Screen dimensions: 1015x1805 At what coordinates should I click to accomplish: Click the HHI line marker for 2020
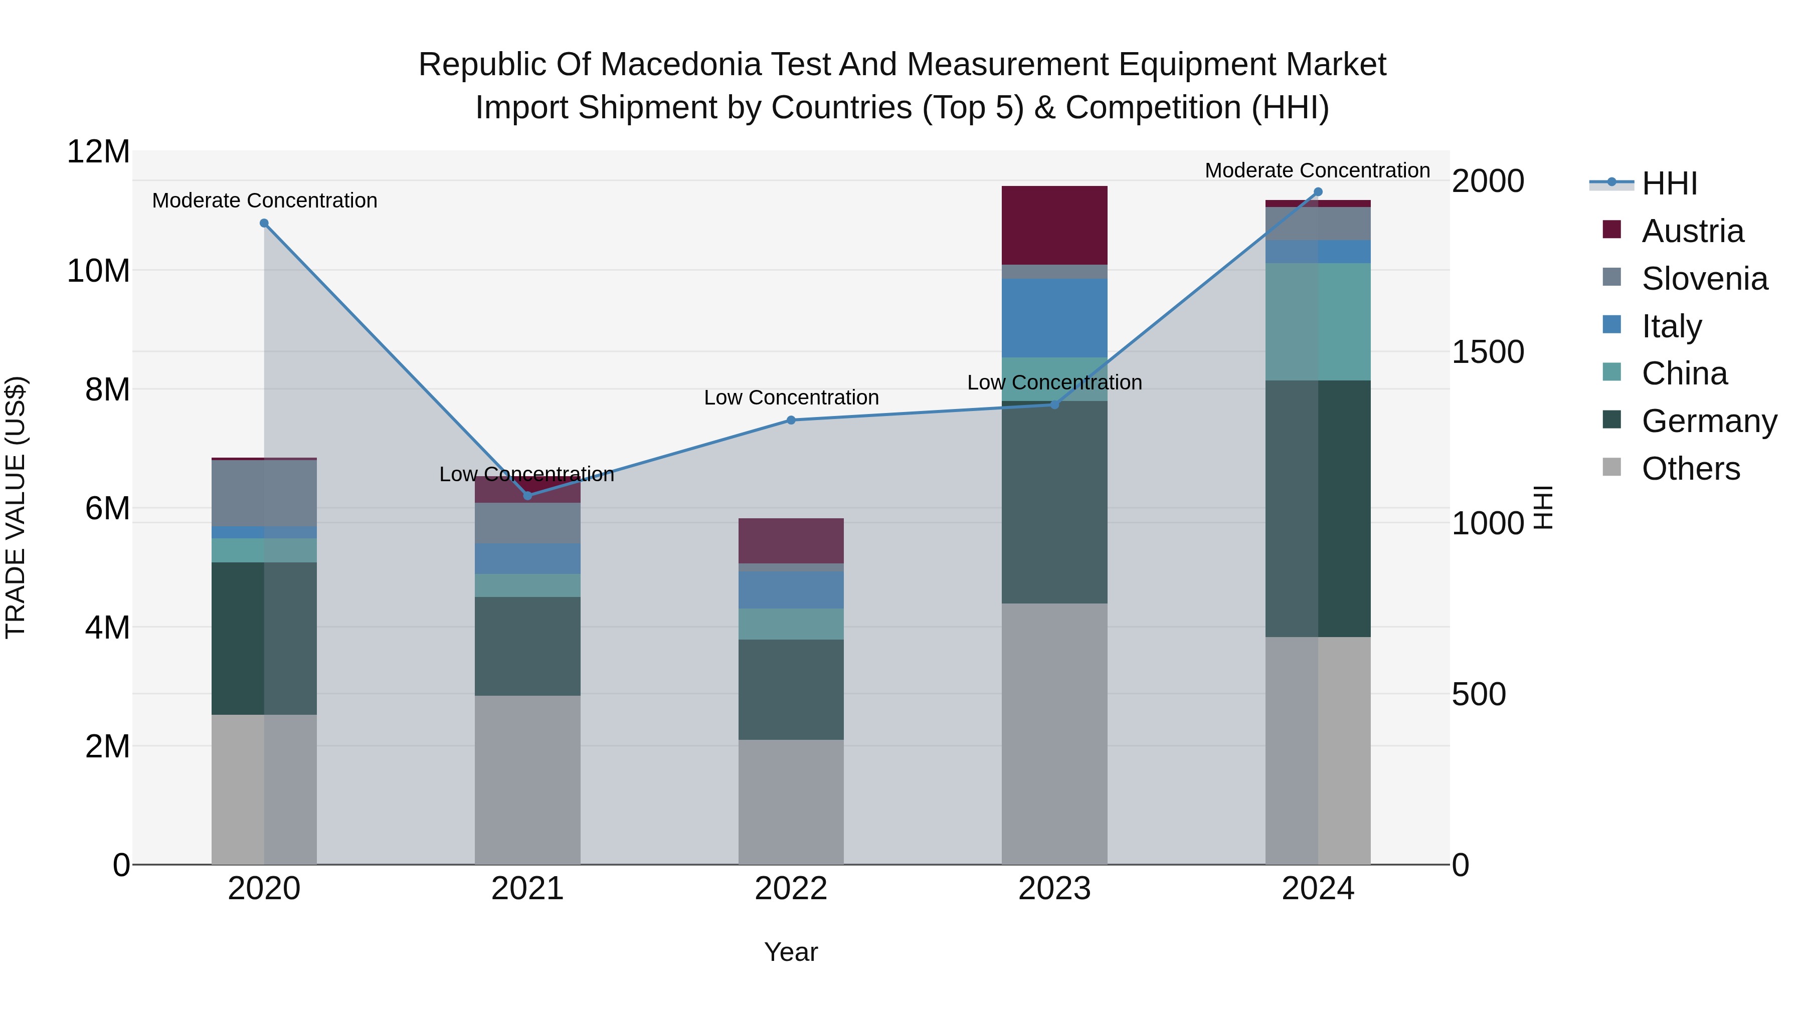[264, 224]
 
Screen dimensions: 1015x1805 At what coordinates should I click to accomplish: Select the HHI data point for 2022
[791, 421]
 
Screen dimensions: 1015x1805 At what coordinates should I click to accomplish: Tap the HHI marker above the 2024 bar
[1318, 192]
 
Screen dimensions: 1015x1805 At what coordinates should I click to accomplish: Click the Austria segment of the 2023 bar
[1054, 226]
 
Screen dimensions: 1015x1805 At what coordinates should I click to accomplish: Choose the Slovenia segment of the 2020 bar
[264, 493]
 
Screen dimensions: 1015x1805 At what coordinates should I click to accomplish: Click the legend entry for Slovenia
[1704, 279]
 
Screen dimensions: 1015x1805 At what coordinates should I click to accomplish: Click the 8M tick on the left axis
[107, 389]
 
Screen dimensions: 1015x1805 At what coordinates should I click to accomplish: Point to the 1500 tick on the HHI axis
[1487, 352]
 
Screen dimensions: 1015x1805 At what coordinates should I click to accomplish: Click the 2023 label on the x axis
[1054, 889]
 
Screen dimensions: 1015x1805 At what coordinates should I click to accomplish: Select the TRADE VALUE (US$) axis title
[16, 507]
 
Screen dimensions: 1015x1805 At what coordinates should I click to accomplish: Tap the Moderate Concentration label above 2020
[264, 200]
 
